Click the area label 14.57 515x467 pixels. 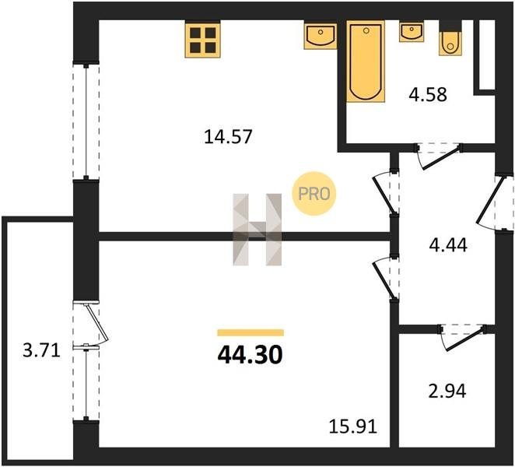228,137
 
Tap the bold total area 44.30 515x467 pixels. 250,355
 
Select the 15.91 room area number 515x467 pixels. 352,427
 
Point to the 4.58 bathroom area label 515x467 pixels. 428,95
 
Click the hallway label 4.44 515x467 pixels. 448,245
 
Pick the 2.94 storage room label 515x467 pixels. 447,391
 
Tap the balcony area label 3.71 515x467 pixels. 42,350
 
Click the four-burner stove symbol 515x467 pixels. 202,39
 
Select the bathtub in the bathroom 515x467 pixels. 366,61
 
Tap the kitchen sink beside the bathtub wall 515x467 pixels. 321,35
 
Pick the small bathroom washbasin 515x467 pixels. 412,32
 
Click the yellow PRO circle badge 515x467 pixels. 314,194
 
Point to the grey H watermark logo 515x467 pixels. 257,230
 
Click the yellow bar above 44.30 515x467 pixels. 250,332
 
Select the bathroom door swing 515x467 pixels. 440,156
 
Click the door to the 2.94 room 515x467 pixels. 464,338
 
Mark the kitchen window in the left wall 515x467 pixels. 86,121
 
